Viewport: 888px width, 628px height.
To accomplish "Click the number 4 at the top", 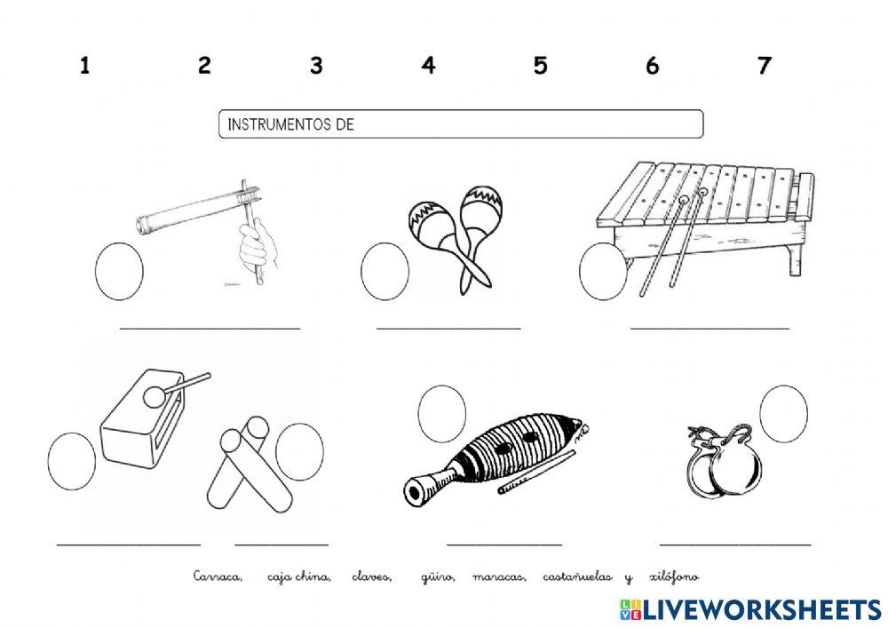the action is tap(429, 66).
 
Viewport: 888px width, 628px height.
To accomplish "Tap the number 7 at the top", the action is tap(765, 66).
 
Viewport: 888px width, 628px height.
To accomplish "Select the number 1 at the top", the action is tap(84, 66).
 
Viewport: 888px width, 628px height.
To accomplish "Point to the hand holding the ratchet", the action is tap(258, 245).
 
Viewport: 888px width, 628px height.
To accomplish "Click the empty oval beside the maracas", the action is tap(385, 271).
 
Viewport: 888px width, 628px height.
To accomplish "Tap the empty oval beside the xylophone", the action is tap(603, 271).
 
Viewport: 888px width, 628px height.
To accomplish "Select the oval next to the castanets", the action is tap(784, 414).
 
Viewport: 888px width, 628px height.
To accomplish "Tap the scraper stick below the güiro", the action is tap(536, 472).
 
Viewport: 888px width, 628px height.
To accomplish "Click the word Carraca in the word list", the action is tap(218, 577).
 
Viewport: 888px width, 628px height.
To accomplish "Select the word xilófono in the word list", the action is tap(674, 577).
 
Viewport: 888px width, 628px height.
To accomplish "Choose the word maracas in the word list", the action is tap(499, 577).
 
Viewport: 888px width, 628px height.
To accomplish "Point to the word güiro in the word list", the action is tap(437, 577).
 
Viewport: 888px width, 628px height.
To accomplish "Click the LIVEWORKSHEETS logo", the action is tap(751, 609).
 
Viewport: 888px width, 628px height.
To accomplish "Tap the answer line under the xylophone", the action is tap(710, 328).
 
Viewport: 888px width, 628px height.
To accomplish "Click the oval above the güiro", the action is tap(442, 414).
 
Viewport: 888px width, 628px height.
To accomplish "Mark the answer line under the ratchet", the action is tap(210, 328).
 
